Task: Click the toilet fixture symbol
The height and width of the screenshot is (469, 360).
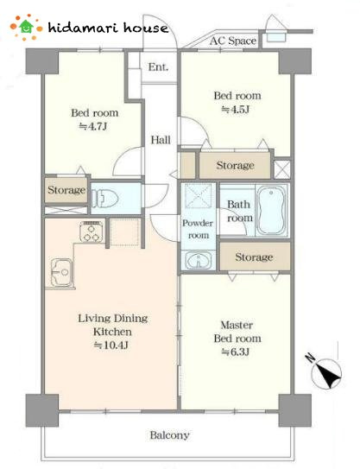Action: pos(104,198)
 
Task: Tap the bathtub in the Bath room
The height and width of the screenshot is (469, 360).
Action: pos(271,210)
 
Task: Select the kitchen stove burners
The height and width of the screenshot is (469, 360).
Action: pos(92,231)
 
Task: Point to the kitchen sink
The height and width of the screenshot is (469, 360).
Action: pos(61,272)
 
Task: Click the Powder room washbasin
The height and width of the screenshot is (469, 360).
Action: pos(199,260)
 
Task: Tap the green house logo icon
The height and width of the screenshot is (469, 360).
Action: pos(26,27)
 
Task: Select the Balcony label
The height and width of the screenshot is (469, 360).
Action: pos(169,435)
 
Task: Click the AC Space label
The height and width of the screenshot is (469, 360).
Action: pos(233,41)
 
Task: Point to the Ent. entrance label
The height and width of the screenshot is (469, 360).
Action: pos(159,67)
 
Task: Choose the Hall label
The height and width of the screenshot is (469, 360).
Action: pos(161,140)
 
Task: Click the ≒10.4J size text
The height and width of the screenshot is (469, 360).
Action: pos(111,345)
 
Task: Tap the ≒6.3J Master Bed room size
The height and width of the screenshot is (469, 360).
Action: pos(236,352)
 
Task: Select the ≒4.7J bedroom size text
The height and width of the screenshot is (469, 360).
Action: pos(93,126)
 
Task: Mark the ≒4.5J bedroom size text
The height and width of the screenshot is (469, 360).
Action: pos(236,110)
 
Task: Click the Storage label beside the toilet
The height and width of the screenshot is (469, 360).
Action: pos(66,190)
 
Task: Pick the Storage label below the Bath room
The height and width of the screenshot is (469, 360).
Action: pos(254,257)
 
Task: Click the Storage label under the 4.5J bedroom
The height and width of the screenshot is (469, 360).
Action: pos(236,165)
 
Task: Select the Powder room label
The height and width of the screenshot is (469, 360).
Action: pos(198,229)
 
